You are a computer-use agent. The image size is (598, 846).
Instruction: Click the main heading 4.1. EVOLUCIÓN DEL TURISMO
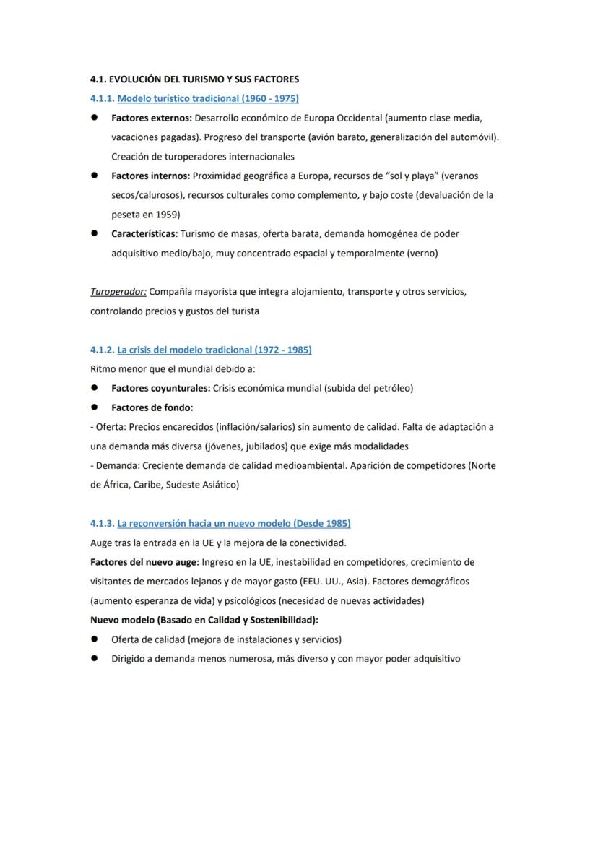194,79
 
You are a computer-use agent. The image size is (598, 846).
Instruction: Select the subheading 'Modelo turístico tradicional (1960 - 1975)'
208,98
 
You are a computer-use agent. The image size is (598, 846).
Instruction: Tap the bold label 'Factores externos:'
151,118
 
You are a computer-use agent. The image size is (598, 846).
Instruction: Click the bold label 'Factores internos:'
150,176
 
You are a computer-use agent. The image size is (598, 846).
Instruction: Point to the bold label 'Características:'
144,233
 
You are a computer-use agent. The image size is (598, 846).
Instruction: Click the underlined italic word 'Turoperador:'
118,292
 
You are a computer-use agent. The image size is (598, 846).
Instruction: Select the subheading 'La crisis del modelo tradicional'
214,350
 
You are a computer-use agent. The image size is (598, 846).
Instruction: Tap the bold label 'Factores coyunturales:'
160,388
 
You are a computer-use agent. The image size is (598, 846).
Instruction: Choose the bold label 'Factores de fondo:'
152,407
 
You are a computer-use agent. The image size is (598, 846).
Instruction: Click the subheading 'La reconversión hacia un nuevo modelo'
234,523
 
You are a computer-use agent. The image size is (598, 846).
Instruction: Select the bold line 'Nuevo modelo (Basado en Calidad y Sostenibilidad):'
204,620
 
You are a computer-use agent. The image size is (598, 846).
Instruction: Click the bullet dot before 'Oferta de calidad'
95,639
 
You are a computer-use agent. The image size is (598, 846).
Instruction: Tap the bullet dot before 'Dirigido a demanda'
95,659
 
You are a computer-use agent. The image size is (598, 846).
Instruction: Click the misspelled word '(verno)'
422,254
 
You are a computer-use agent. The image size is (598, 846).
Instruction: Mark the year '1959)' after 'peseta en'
168,215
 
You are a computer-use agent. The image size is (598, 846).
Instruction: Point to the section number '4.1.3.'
102,523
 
